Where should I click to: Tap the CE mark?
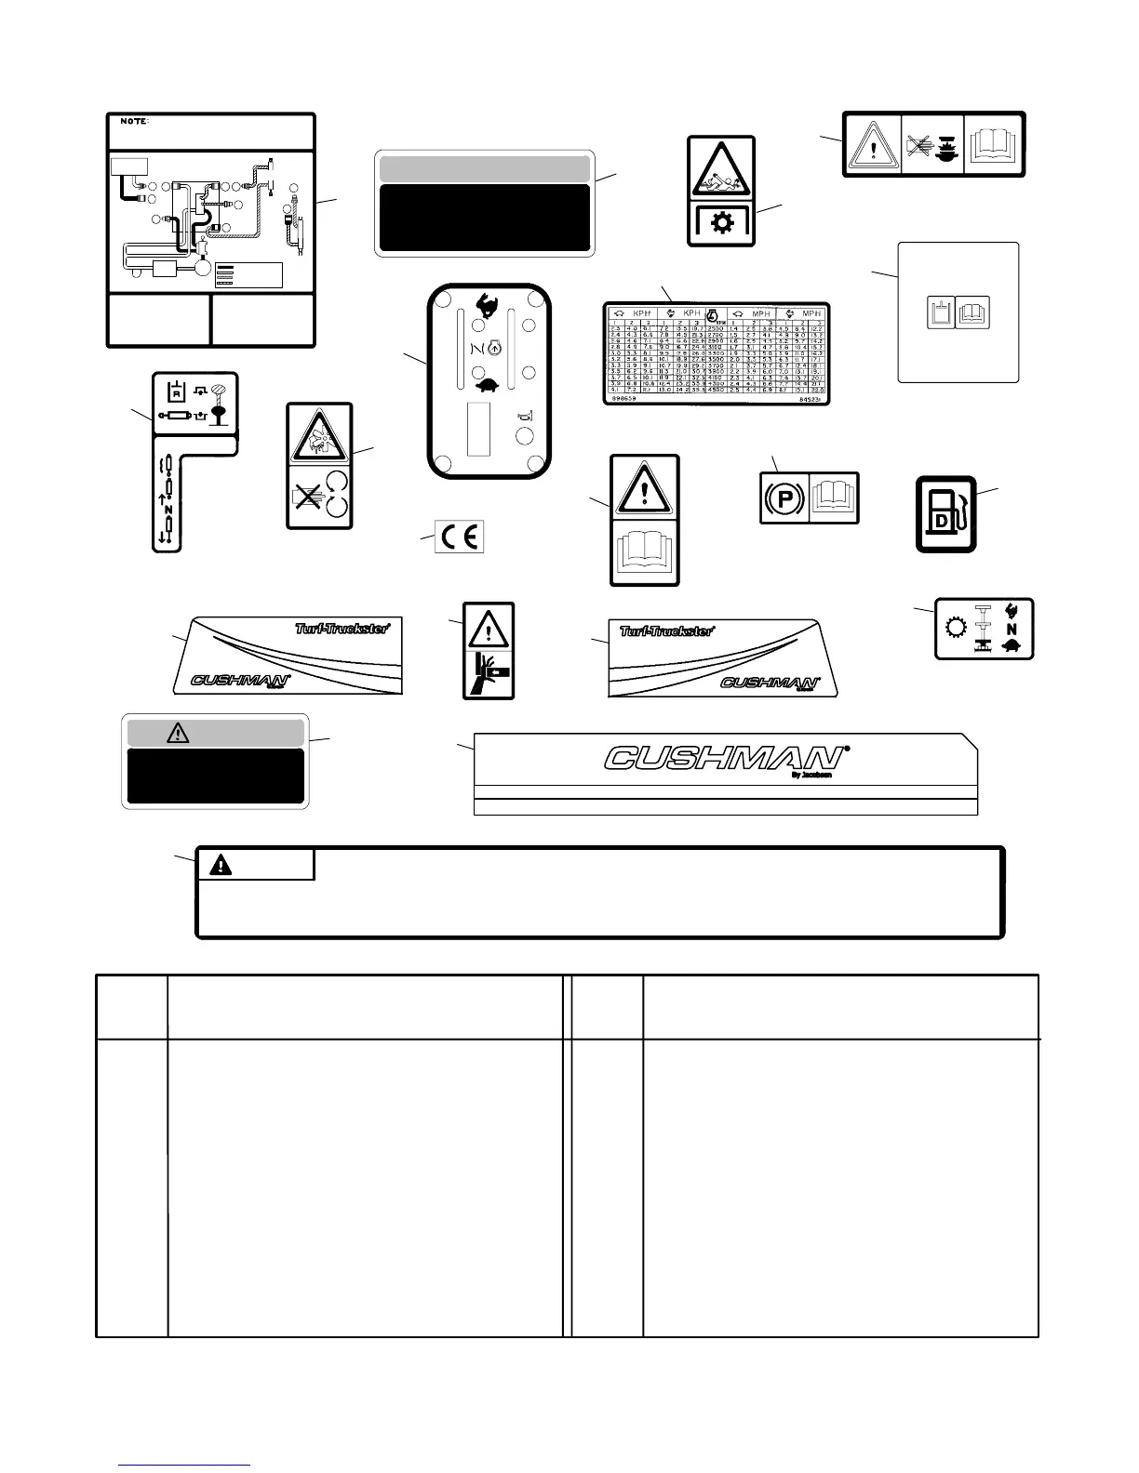460,537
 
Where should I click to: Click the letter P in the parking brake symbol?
784,498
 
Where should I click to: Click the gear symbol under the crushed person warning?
721,224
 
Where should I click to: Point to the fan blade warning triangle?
319,435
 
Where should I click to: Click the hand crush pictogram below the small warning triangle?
489,673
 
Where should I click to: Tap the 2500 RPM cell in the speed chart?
715,328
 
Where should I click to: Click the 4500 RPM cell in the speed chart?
715,390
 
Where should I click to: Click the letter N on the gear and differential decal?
1010,629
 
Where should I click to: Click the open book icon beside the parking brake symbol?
835,498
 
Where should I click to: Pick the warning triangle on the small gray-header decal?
177,733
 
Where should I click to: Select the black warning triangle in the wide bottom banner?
220,865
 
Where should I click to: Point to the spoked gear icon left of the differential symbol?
954,628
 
